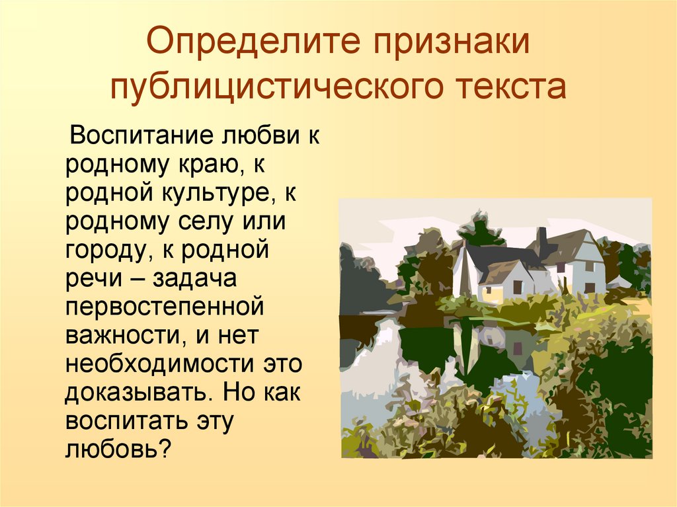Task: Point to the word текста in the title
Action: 512,87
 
